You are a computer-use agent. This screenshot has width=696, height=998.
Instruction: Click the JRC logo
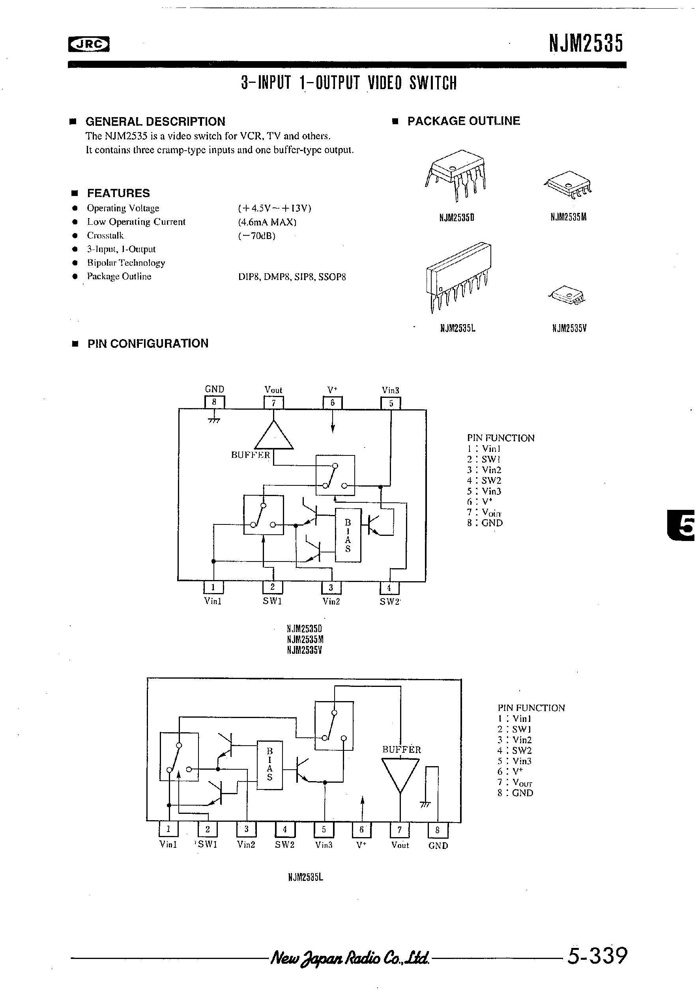point(89,44)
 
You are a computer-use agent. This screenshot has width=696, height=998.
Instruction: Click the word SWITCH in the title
point(433,82)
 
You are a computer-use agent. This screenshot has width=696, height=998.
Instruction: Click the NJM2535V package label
point(569,328)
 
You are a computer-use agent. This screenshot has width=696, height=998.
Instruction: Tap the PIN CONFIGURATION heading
point(148,343)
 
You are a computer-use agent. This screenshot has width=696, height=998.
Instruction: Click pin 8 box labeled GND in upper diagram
point(214,402)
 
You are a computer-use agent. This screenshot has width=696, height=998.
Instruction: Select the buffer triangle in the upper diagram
point(273,436)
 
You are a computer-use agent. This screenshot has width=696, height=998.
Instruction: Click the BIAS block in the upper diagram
point(348,535)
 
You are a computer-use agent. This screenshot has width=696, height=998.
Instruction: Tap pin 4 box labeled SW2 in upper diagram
point(389,588)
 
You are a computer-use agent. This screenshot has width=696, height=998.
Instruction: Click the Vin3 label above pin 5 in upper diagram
point(390,390)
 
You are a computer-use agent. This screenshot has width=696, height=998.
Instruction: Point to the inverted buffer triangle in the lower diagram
point(400,774)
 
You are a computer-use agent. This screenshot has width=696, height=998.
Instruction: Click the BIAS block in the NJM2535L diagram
point(270,765)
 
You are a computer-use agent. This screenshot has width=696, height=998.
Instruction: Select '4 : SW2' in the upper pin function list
point(484,480)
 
